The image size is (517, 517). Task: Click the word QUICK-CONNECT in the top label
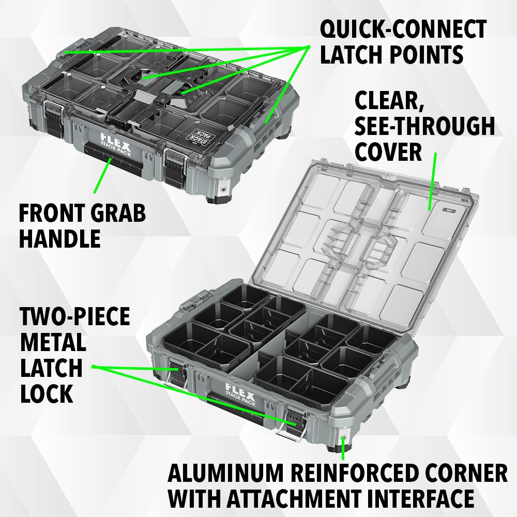(403, 29)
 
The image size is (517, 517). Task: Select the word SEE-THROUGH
(424, 126)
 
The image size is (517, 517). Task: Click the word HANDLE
(59, 238)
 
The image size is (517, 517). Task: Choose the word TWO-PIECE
(75, 316)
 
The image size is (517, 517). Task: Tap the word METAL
(53, 342)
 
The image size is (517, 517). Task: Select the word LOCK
(47, 394)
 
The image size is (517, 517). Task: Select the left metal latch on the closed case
(53, 113)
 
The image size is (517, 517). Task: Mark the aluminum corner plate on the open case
(342, 442)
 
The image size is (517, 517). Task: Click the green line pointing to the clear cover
(433, 181)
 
